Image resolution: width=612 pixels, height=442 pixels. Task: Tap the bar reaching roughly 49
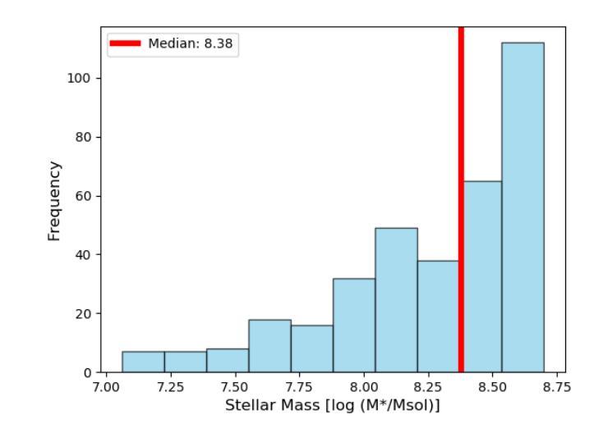click(396, 300)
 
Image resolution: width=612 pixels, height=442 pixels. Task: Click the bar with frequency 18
click(269, 346)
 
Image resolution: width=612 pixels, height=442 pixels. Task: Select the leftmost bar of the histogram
click(143, 362)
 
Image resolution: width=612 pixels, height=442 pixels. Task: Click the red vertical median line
click(461, 164)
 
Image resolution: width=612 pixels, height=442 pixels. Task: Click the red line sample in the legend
click(126, 44)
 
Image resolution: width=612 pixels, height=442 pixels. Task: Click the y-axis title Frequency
click(54, 200)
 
